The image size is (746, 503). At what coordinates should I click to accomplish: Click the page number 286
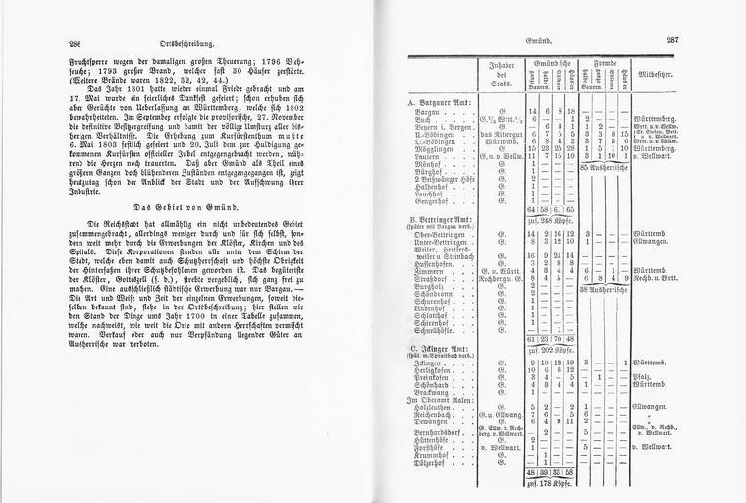(x=75, y=44)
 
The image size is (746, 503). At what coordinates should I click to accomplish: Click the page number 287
(x=672, y=40)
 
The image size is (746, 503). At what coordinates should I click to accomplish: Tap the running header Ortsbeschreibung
(x=186, y=44)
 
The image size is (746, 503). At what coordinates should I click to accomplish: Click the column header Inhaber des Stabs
(x=502, y=76)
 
